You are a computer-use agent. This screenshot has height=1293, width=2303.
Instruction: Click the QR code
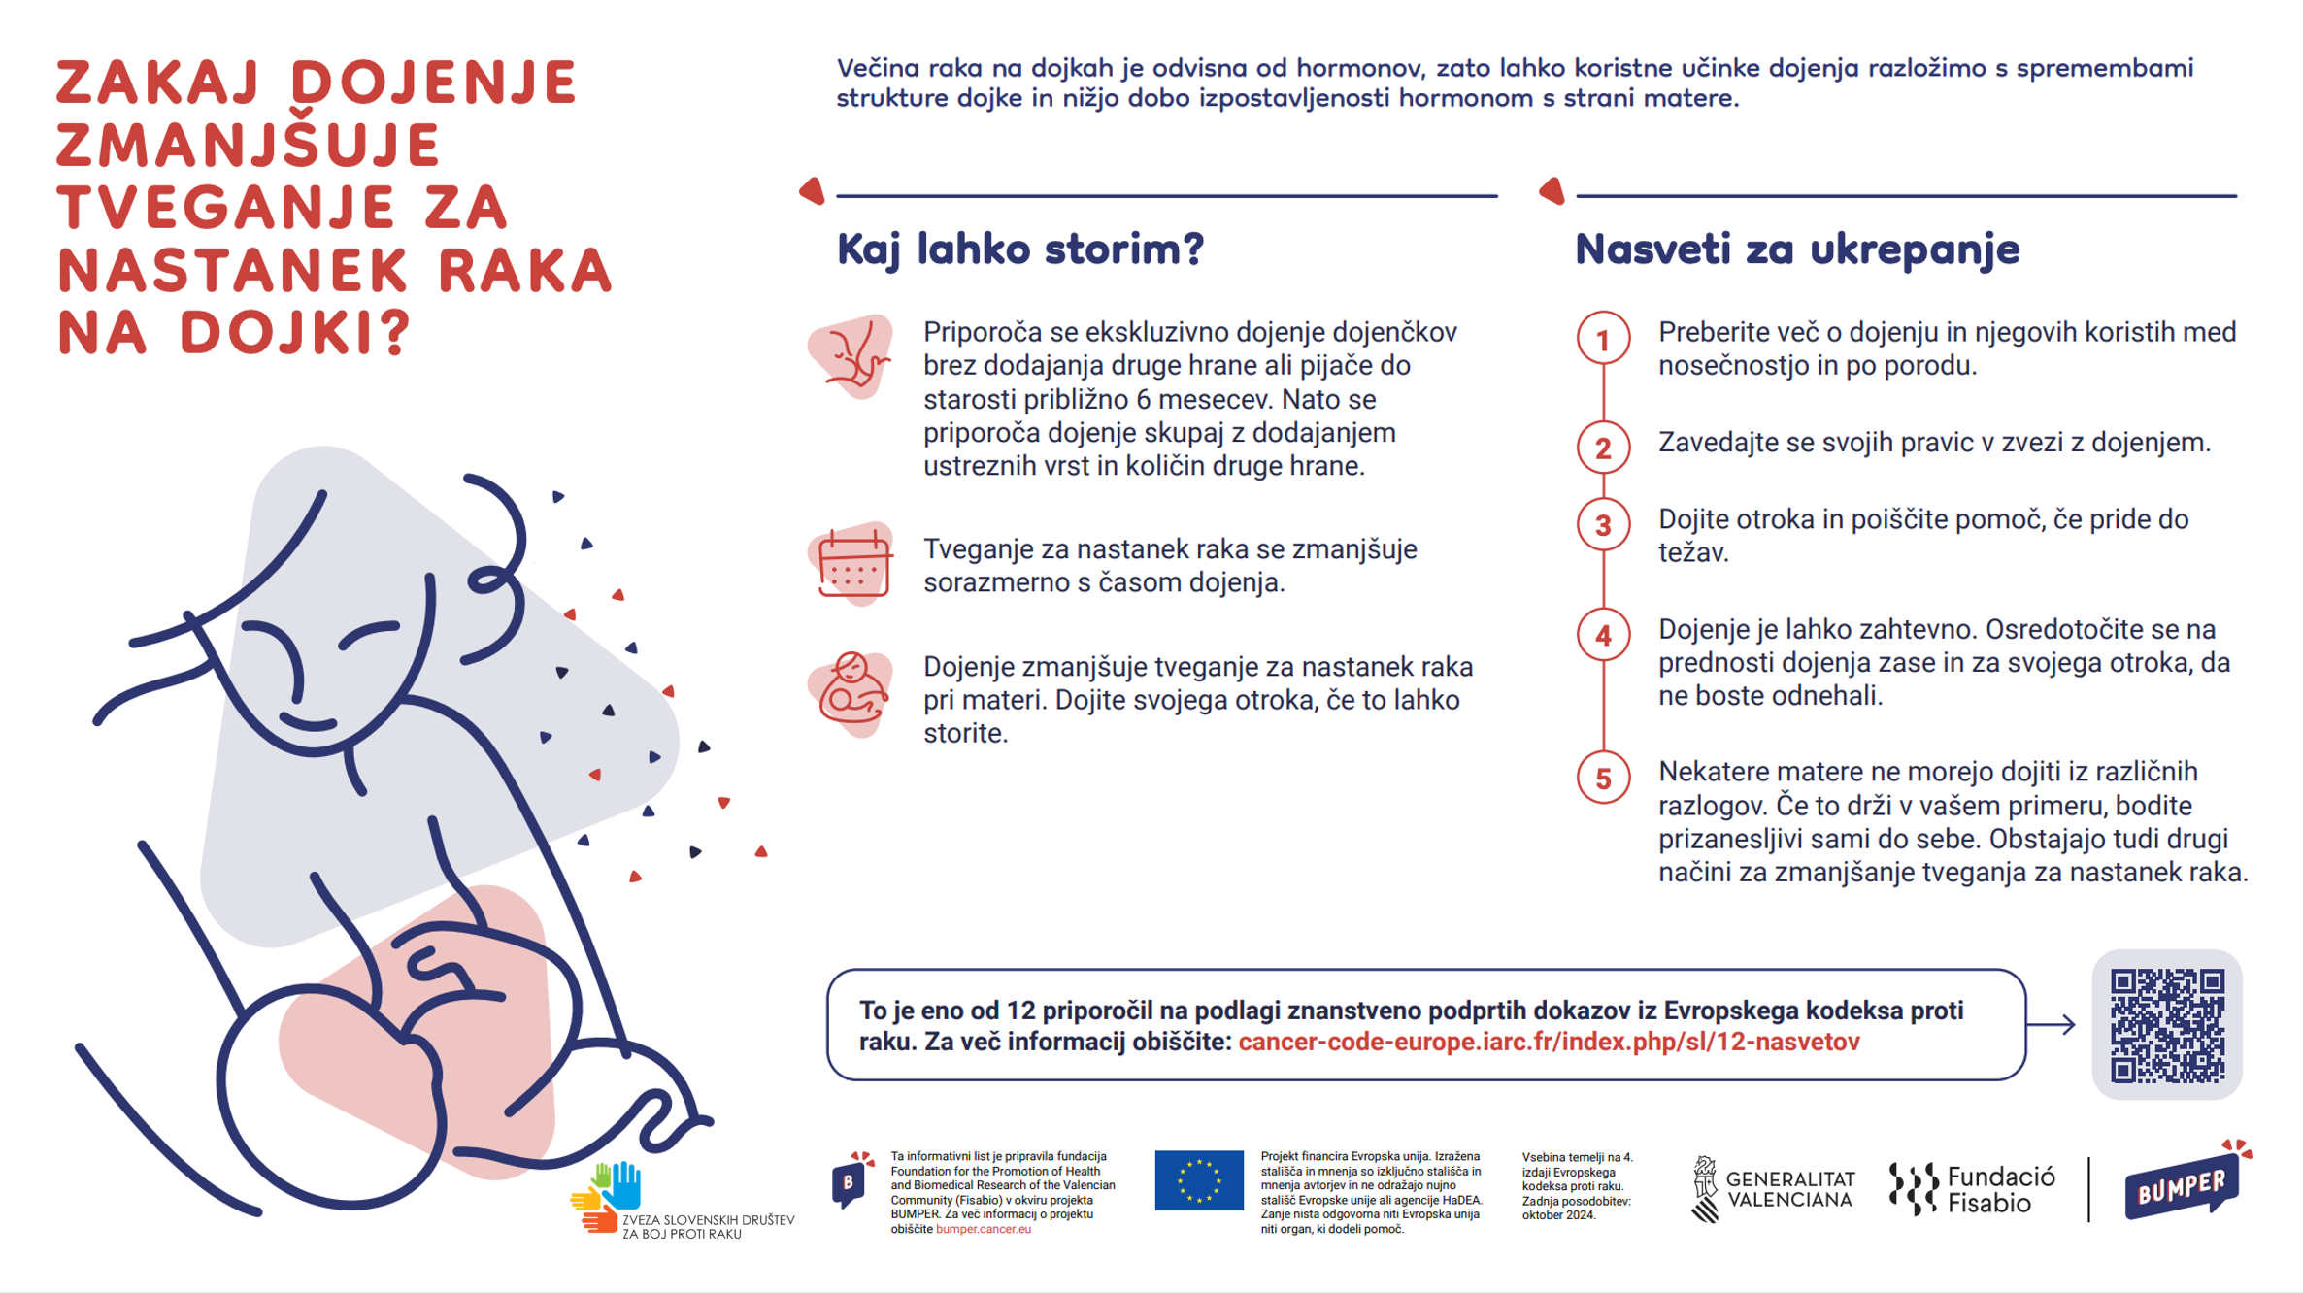[x=2166, y=1024]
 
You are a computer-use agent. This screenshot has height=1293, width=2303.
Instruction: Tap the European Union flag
[x=1198, y=1180]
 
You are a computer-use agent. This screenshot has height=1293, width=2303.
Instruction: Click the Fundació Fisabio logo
[x=1972, y=1189]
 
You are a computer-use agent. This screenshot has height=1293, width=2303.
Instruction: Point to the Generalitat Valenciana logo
[x=1773, y=1189]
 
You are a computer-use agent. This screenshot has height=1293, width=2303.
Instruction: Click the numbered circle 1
[x=1603, y=340]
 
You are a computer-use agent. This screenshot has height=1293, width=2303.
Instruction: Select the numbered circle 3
[x=1603, y=525]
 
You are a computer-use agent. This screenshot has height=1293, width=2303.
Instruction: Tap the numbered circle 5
[x=1603, y=778]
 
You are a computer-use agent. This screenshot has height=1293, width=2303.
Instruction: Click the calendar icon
[x=852, y=564]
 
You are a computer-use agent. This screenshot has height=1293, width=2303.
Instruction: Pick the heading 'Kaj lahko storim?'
[x=1019, y=249]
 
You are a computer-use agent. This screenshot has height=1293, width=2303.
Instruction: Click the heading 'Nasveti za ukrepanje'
[x=1796, y=249]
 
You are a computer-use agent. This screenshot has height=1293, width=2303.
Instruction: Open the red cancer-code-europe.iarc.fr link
[x=1549, y=1042]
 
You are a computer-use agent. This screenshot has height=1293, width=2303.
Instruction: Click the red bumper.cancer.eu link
[x=983, y=1229]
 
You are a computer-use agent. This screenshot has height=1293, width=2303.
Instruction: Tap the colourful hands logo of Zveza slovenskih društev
[x=610, y=1197]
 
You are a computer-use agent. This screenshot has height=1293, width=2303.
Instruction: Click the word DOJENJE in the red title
[x=434, y=82]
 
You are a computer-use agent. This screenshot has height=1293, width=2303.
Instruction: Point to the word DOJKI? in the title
[x=296, y=332]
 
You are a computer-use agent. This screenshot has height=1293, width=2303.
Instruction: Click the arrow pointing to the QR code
[x=2052, y=1024]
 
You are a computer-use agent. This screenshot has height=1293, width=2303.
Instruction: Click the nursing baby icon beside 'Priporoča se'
[x=851, y=356]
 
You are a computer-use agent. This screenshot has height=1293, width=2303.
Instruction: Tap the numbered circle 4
[x=1603, y=636]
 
